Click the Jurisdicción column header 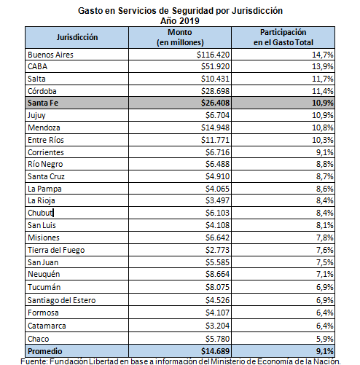77,37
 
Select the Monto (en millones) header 180,37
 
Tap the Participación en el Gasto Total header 283,37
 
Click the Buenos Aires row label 50,55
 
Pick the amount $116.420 213,55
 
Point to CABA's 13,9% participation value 323,66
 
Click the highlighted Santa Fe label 43,103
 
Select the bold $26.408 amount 215,103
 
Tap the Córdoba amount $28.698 215,91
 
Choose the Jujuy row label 36,115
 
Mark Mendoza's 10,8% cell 323,127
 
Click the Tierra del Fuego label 56,250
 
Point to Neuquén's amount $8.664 217,274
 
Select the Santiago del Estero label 62,300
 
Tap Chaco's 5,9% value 325,339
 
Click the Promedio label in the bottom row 45,351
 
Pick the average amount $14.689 215,351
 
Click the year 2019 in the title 189,21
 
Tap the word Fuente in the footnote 34,361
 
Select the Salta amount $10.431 215,79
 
